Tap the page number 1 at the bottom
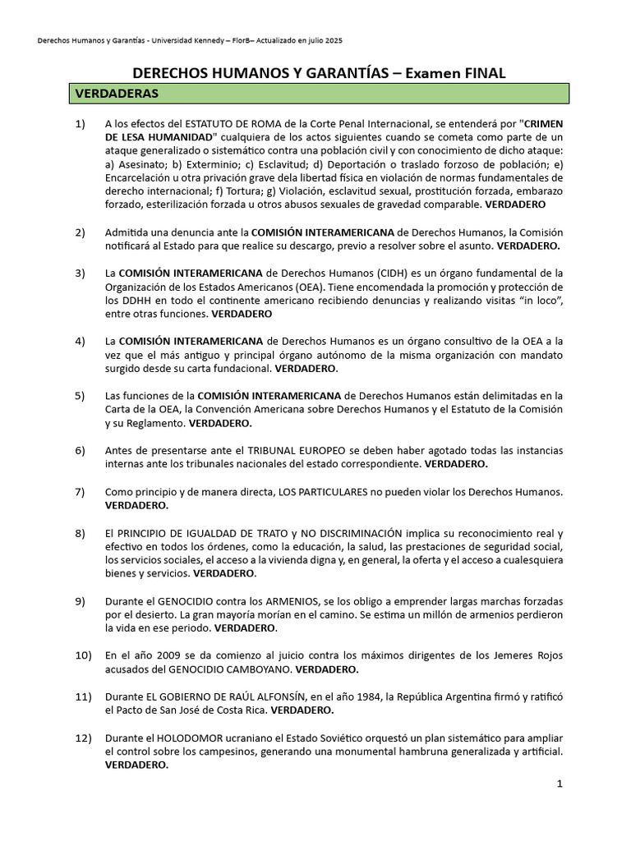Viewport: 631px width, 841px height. pyautogui.click(x=560, y=784)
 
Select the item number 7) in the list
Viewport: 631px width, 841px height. pyautogui.click(x=80, y=492)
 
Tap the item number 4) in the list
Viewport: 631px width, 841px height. pyautogui.click(x=80, y=341)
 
